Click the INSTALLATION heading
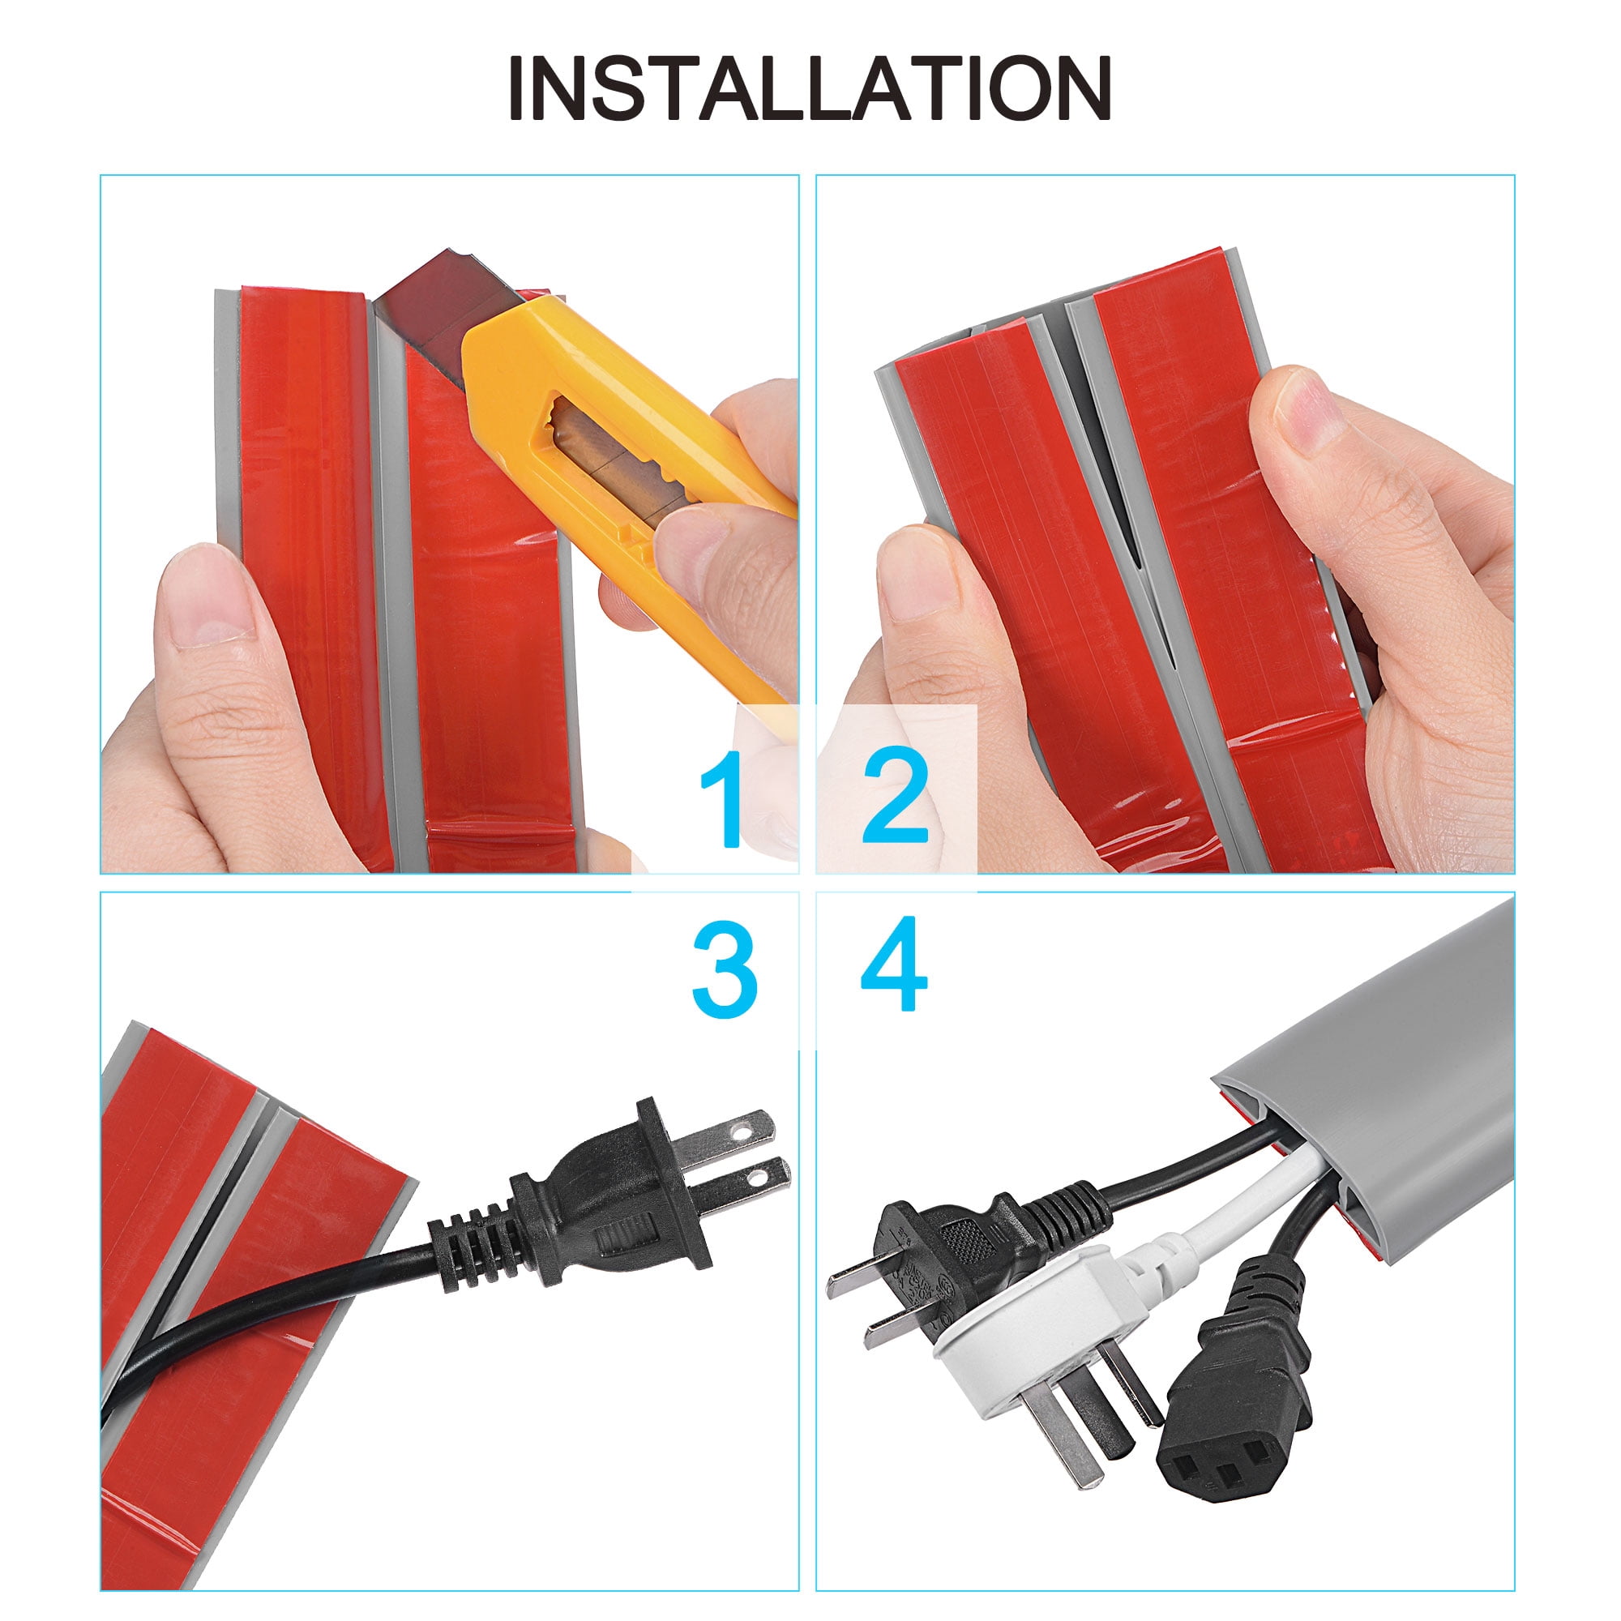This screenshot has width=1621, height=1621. pos(810,90)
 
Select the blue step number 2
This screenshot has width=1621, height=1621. pos(896,799)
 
